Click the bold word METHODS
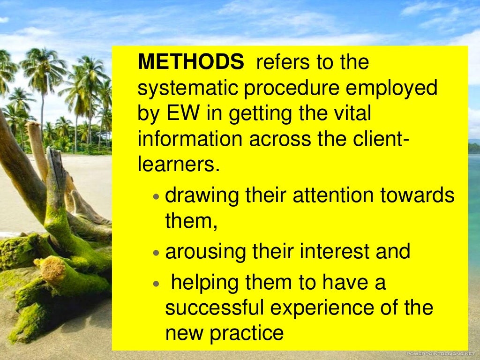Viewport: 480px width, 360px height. (x=191, y=62)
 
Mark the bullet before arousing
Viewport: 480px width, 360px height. (x=157, y=253)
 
